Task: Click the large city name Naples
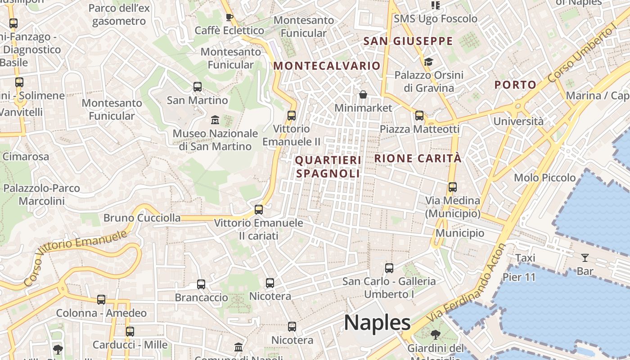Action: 377,323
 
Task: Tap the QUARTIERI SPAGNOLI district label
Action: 328,167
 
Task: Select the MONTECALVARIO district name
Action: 327,66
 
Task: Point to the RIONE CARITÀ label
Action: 418,158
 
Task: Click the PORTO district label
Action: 515,85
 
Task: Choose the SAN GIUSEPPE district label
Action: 408,41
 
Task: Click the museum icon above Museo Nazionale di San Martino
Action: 215,120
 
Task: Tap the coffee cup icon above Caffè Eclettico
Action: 229,18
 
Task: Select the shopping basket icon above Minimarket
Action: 363,94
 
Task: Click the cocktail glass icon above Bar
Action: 585,258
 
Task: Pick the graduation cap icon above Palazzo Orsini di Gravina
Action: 428,62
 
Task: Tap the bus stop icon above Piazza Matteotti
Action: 419,116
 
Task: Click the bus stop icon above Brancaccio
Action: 201,284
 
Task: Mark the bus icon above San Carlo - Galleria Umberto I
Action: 389,268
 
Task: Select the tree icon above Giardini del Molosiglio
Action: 435,335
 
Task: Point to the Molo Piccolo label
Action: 544,178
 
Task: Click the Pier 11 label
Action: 519,277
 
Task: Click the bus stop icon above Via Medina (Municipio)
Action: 453,187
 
